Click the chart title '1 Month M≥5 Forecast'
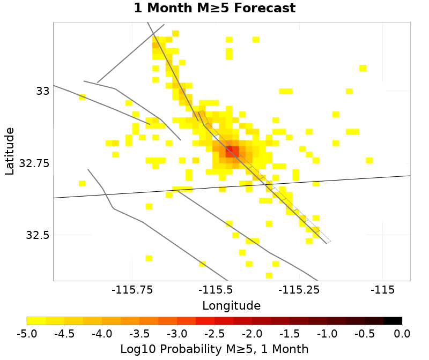click(214, 9)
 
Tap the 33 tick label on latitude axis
click(43, 91)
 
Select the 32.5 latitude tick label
click(38, 235)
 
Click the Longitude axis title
click(231, 306)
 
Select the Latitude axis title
click(9, 151)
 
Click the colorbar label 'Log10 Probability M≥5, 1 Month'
click(214, 349)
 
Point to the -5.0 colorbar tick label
click(27, 334)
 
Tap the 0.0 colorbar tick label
click(402, 334)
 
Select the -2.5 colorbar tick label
click(214, 334)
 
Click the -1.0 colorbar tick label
click(327, 334)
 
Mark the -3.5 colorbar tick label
click(139, 334)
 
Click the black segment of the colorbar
click(393, 321)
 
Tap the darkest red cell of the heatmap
click(229, 150)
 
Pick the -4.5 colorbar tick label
click(64, 334)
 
